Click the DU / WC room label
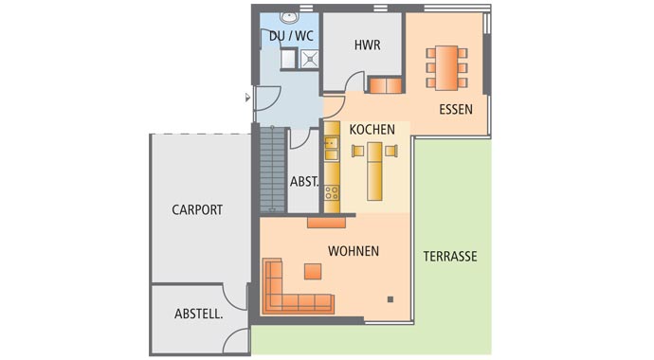291,37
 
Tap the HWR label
367,45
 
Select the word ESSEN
456,110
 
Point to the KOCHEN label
372,129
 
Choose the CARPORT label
197,210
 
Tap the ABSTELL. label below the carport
198,314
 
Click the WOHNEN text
354,251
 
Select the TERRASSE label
449,256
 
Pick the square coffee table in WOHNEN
312,272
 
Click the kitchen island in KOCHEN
374,171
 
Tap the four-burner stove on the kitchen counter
332,195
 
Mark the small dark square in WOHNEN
390,299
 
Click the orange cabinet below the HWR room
385,86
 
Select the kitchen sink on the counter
332,147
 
